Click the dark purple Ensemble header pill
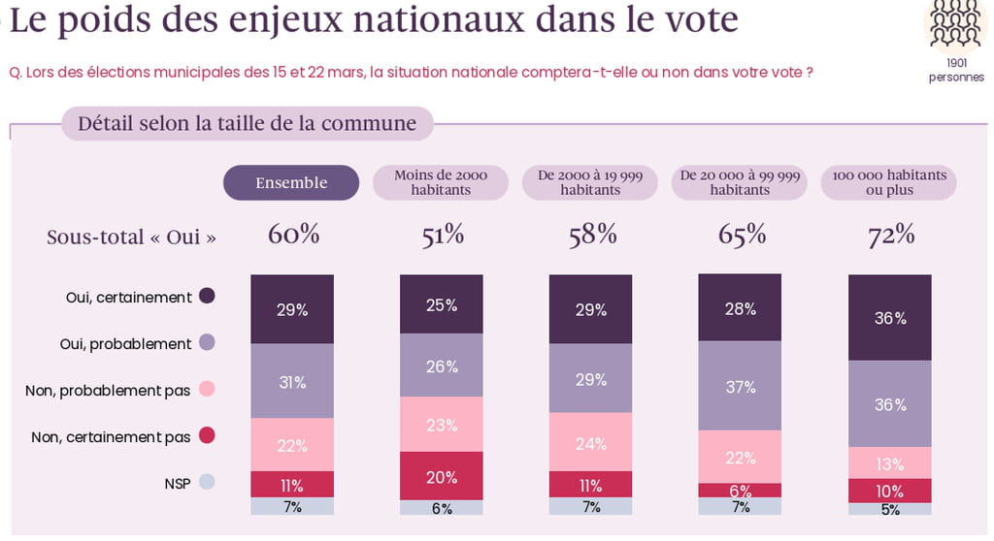click(x=291, y=182)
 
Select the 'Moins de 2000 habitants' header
click(x=441, y=182)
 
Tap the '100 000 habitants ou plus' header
click(x=889, y=182)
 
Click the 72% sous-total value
click(x=891, y=235)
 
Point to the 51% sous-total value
click(x=442, y=235)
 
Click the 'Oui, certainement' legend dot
click(x=206, y=297)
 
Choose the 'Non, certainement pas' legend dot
click(x=206, y=436)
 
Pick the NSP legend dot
click(x=206, y=481)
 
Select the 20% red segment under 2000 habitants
click(x=442, y=475)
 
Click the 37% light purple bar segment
click(x=741, y=386)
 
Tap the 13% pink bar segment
click(x=890, y=462)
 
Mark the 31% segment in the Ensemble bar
click(x=292, y=382)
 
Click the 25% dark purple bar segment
click(x=442, y=304)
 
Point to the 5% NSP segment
click(x=890, y=509)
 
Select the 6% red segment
click(x=741, y=491)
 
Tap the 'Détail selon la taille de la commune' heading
click(x=247, y=124)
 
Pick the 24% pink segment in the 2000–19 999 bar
click(x=591, y=442)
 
